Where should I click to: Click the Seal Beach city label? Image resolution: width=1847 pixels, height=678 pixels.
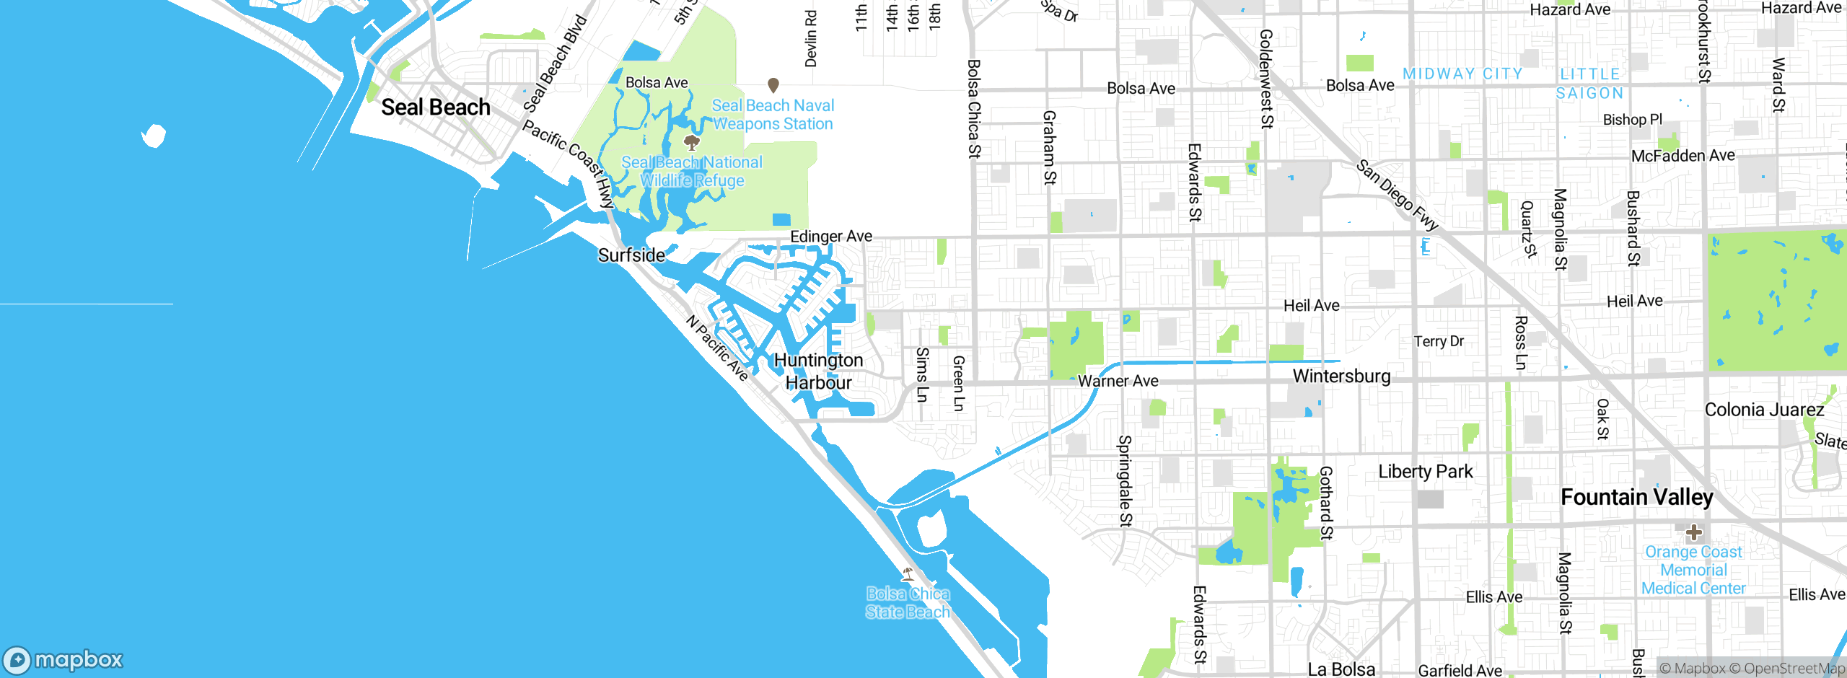435,107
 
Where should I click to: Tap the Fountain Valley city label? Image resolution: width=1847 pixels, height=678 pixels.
1636,497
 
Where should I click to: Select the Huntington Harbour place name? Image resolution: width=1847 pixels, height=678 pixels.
818,371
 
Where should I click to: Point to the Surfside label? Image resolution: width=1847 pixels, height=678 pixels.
631,255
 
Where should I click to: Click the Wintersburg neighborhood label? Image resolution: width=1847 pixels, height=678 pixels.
1341,376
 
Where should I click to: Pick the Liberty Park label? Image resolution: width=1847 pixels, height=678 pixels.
1425,472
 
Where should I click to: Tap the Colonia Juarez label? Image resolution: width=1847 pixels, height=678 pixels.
1764,410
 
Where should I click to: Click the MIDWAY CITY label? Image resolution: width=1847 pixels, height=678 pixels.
1462,74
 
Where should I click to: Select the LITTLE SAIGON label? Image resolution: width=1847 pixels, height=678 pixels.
1590,84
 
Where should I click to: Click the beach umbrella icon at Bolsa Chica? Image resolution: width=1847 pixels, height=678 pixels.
908,574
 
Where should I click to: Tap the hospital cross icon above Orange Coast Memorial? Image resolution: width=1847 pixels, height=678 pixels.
1694,533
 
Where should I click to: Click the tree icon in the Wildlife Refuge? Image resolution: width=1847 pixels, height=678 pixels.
691,141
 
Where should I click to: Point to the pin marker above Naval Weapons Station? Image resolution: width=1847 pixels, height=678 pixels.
773,85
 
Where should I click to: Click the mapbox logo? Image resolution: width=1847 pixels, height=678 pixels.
63,659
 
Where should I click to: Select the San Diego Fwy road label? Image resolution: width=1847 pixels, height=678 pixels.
1397,195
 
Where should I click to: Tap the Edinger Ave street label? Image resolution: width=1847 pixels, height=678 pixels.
830,237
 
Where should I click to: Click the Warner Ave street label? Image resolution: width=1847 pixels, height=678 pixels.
1118,381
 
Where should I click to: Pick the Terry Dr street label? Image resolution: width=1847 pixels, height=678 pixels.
1439,341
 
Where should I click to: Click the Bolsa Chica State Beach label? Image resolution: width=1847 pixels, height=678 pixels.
908,603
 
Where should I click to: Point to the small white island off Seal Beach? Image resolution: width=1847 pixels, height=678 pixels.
154,135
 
